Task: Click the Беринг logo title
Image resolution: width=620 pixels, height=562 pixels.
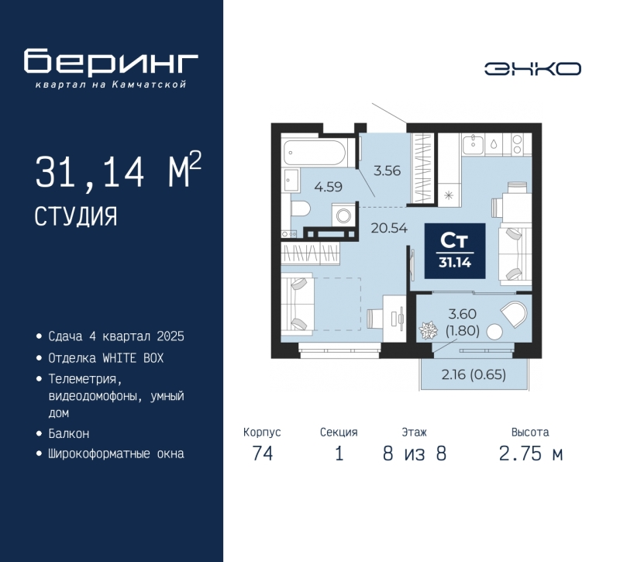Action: tap(111, 61)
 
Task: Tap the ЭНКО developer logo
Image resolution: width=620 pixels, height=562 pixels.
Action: tap(532, 69)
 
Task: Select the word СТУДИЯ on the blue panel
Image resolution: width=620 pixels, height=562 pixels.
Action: tap(76, 216)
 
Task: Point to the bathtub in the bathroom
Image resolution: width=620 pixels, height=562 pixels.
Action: tap(315, 152)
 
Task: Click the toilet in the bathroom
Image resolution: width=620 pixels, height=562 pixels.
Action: tap(300, 209)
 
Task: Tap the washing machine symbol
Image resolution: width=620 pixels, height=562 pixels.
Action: tap(343, 216)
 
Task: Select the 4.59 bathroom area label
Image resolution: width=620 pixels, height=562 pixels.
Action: tap(328, 187)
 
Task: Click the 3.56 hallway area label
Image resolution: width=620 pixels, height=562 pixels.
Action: tap(387, 171)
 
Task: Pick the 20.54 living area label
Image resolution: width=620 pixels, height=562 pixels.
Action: tap(389, 228)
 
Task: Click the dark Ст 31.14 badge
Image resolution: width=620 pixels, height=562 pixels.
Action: tap(455, 250)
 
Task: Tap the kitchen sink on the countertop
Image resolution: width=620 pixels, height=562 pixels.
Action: tap(473, 144)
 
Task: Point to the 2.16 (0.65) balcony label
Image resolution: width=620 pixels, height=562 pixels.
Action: tap(474, 374)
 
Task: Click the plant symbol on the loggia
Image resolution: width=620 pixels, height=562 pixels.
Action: tap(429, 330)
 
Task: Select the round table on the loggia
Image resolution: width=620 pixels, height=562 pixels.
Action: tap(494, 332)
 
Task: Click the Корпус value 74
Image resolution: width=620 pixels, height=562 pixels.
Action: tap(263, 453)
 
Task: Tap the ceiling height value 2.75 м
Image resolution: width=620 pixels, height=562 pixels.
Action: tap(531, 453)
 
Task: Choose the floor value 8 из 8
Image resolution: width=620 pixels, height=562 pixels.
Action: tap(415, 453)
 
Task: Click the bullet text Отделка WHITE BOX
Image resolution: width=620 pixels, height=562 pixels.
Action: tap(105, 358)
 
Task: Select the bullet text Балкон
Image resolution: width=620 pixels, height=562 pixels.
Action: tap(69, 433)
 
